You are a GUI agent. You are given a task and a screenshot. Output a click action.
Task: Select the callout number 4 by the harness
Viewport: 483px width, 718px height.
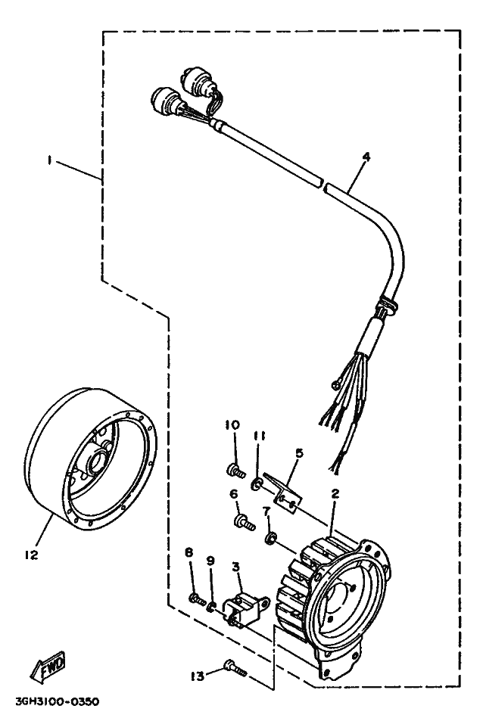coord(366,157)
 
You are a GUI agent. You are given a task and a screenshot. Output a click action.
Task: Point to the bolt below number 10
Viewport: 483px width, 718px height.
coord(234,471)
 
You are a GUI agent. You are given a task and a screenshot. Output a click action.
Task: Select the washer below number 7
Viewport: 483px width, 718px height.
coord(270,539)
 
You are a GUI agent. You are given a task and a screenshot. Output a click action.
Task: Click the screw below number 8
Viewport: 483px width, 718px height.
coord(196,598)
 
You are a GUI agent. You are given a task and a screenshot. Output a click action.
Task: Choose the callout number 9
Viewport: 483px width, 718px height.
coord(211,561)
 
